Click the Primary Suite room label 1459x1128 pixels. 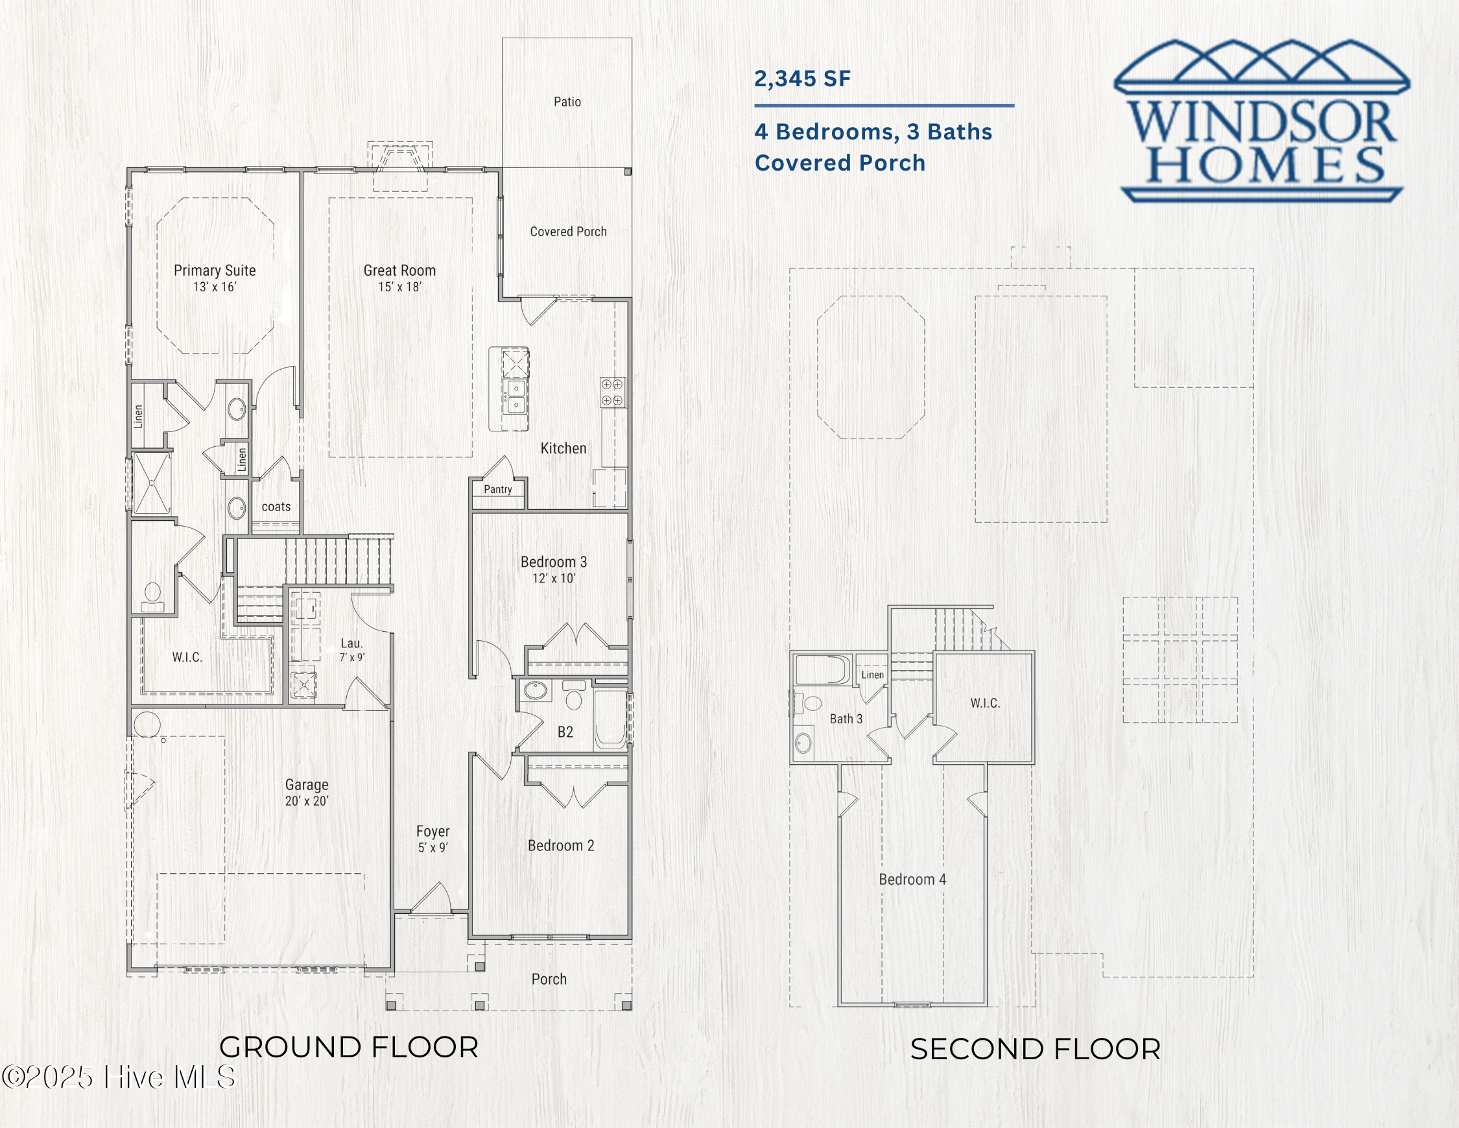(215, 270)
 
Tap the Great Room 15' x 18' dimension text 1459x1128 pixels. (399, 287)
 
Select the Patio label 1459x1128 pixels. (567, 102)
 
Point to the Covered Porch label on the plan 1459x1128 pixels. (568, 231)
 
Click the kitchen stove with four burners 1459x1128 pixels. (612, 392)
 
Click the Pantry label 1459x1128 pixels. (498, 489)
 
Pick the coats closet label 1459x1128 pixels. (276, 507)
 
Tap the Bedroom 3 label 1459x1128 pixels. (553, 561)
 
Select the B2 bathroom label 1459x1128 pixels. (565, 732)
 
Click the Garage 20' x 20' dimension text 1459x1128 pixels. (307, 800)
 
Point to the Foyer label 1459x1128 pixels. (433, 831)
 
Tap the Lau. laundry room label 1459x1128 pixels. (351, 643)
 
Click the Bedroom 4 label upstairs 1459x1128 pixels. (912, 879)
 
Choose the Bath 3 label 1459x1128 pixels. (846, 718)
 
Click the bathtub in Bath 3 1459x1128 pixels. (822, 669)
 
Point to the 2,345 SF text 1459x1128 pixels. (802, 79)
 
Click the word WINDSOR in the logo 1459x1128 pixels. (1262, 123)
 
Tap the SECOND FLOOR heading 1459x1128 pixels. (1035, 1048)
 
